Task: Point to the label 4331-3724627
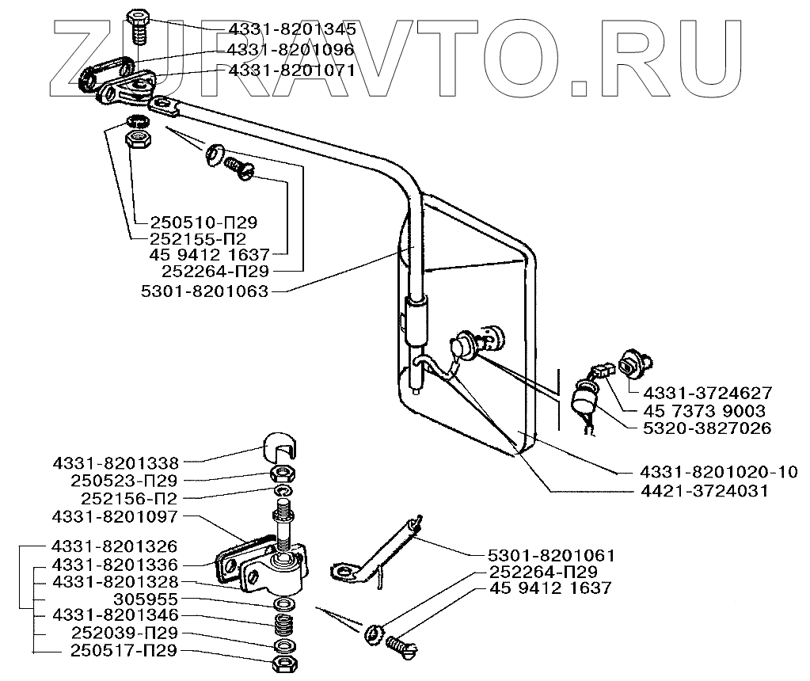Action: (708, 393)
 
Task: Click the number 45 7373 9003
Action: (705, 411)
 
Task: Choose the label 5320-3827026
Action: (708, 429)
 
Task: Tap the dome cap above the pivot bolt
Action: (279, 448)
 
